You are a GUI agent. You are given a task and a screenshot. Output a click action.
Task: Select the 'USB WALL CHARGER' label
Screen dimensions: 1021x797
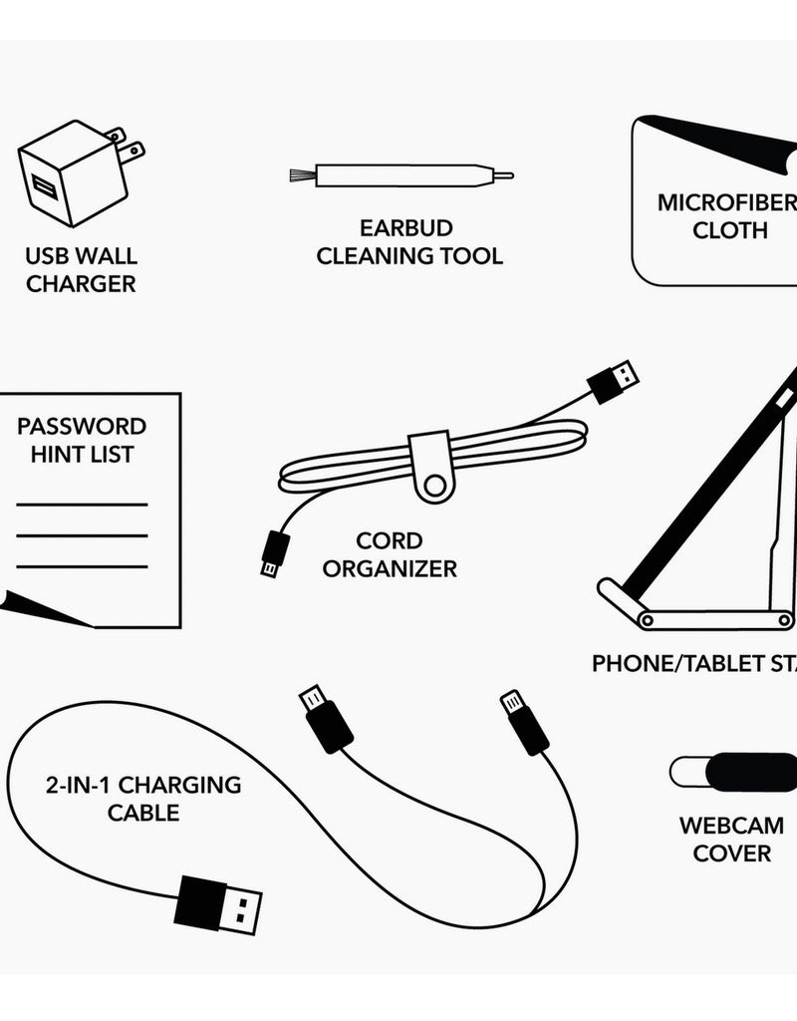point(82,269)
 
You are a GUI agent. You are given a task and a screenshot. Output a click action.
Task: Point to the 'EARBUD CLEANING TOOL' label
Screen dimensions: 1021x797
point(409,241)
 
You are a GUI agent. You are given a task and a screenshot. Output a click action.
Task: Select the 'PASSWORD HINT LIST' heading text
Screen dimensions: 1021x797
point(82,440)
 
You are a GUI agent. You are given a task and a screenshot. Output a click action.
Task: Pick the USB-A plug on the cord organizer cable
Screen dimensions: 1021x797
point(611,381)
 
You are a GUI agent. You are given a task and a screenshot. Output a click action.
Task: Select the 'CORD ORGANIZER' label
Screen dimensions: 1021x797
point(390,555)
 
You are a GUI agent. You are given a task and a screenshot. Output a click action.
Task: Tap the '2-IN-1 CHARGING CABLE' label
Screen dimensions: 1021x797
point(143,798)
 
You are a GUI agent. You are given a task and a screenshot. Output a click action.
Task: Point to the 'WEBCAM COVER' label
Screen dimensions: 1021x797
point(732,839)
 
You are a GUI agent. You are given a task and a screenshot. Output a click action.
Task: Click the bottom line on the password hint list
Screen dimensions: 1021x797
point(82,567)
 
